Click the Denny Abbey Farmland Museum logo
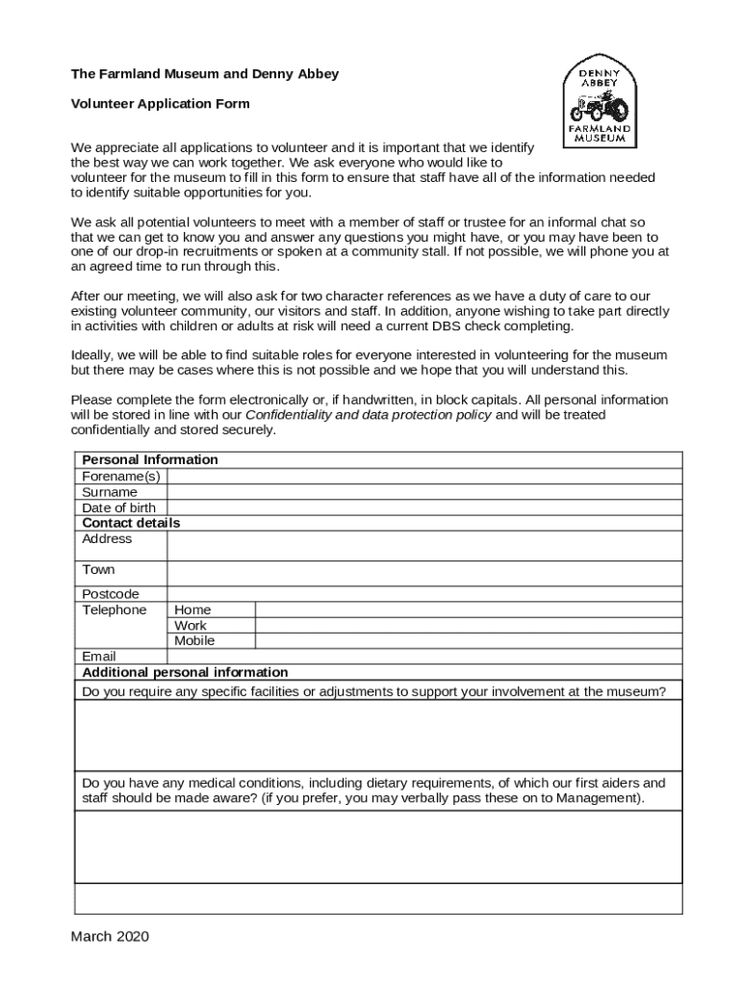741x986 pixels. [602, 101]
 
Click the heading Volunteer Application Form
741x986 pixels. [160, 104]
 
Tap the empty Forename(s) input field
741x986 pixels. [423, 476]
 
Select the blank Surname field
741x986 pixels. [423, 492]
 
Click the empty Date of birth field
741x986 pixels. [423, 507]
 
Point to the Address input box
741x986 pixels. [423, 545]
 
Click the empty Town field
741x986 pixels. [423, 574]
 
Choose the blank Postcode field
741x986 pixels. [423, 594]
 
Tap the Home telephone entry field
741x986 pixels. [468, 610]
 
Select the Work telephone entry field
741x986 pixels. [468, 625]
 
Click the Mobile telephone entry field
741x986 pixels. [468, 640]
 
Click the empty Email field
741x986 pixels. [423, 657]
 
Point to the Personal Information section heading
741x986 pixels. [150, 459]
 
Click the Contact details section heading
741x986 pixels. [131, 523]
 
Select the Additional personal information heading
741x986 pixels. [185, 672]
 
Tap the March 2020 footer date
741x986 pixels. [110, 936]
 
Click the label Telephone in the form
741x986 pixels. [114, 610]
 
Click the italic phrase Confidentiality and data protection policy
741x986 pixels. [369, 415]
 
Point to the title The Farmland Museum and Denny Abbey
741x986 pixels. [204, 74]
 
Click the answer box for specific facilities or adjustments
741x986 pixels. [377, 735]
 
